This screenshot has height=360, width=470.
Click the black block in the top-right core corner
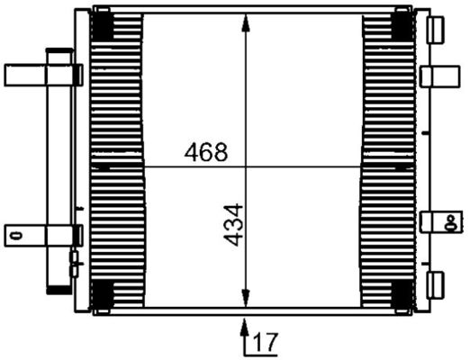coord(402,26)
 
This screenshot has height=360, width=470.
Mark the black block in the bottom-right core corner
coord(402,293)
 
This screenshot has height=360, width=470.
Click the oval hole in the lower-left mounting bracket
coord(14,235)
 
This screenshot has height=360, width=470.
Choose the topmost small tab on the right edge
coord(437,29)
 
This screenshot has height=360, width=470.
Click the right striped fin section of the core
coord(388,162)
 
